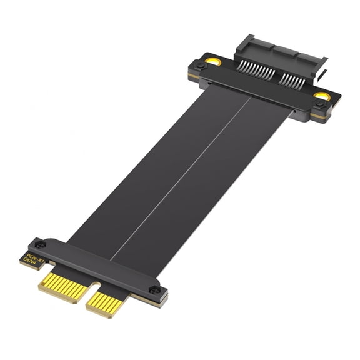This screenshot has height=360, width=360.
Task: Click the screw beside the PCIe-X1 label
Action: (x=40, y=244)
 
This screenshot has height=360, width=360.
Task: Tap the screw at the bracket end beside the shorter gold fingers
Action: (x=155, y=289)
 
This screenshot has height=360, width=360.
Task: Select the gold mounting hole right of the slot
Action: (x=321, y=96)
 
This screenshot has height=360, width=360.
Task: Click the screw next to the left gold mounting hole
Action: (x=199, y=66)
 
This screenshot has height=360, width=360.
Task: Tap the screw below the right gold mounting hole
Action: (x=319, y=105)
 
